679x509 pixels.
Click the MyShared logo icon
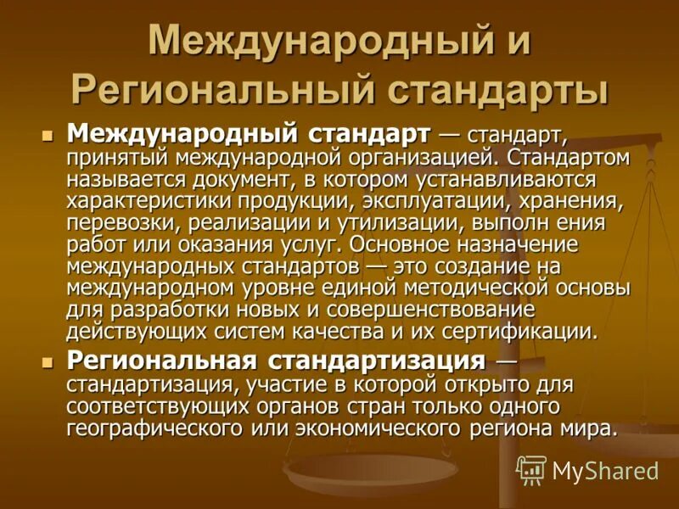click(x=531, y=469)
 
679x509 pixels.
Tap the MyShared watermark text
click(x=604, y=471)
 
